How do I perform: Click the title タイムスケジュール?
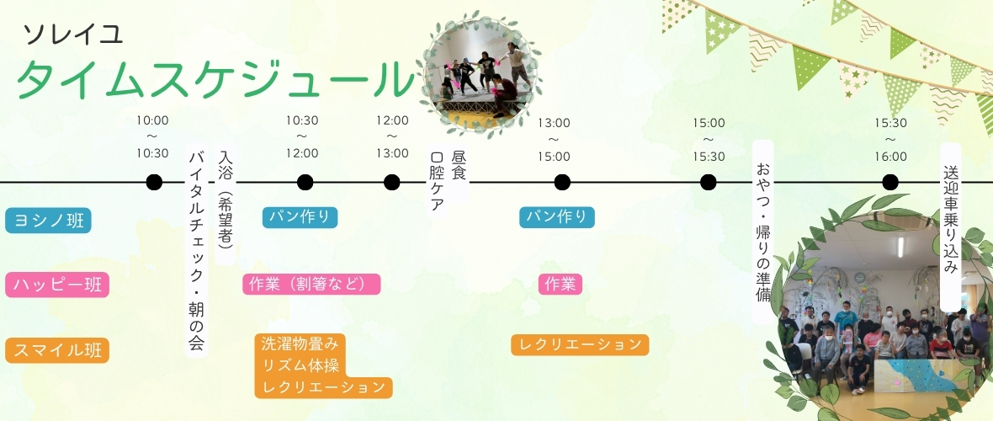click(x=215, y=81)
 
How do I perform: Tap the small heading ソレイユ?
click(x=73, y=35)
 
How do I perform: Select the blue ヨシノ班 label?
click(x=48, y=221)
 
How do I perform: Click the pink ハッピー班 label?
click(x=57, y=285)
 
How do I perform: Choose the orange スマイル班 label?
click(x=57, y=350)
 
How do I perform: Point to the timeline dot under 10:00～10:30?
click(x=154, y=183)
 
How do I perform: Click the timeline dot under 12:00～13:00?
click(x=392, y=183)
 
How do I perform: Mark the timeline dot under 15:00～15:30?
click(x=708, y=183)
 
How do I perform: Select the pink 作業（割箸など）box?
click(x=311, y=284)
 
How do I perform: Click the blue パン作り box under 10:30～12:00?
click(x=300, y=217)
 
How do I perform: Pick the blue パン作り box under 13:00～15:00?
click(x=557, y=217)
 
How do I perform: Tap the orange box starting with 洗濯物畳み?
click(x=323, y=365)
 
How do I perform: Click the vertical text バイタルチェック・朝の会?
click(x=196, y=252)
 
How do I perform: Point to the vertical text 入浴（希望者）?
click(x=226, y=205)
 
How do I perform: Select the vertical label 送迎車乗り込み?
click(x=951, y=226)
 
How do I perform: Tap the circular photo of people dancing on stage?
click(x=480, y=73)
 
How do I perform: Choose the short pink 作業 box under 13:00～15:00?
click(x=560, y=284)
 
